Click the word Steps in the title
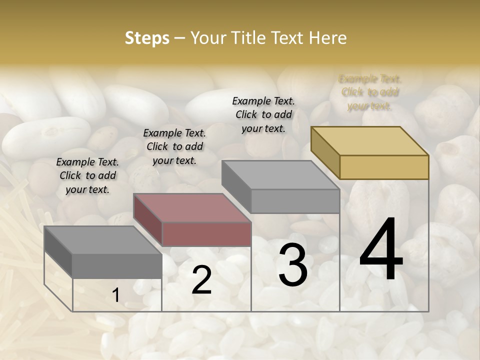[147, 38]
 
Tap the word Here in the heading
[328, 38]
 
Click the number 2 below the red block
[201, 280]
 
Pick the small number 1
[115, 295]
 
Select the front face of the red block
[206, 234]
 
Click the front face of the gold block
[384, 167]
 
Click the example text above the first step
[87, 176]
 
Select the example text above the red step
[174, 147]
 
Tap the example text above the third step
[263, 114]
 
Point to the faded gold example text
[370, 92]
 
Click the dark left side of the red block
[148, 220]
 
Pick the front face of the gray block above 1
[117, 265]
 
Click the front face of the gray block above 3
[295, 201]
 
